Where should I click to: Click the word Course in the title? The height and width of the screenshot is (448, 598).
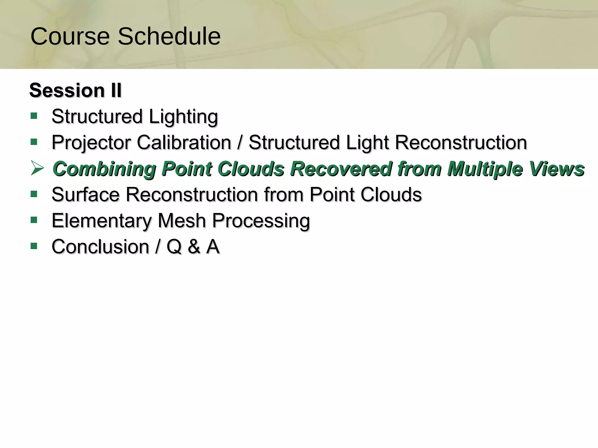pos(70,36)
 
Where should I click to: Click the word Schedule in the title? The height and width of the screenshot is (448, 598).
pos(169,36)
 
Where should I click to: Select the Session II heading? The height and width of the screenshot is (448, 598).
pos(75,90)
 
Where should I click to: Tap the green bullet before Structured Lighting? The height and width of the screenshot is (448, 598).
pos(34,116)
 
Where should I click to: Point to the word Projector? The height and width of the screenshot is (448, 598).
pos(91,143)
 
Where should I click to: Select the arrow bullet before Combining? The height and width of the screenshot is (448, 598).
pos(37,168)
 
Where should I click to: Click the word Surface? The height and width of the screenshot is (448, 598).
pos(86,195)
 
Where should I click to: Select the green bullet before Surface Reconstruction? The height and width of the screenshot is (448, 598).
pos(34,194)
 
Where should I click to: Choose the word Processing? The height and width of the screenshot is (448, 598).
pos(261,221)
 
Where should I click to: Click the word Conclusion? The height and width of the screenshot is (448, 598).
pos(100,247)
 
